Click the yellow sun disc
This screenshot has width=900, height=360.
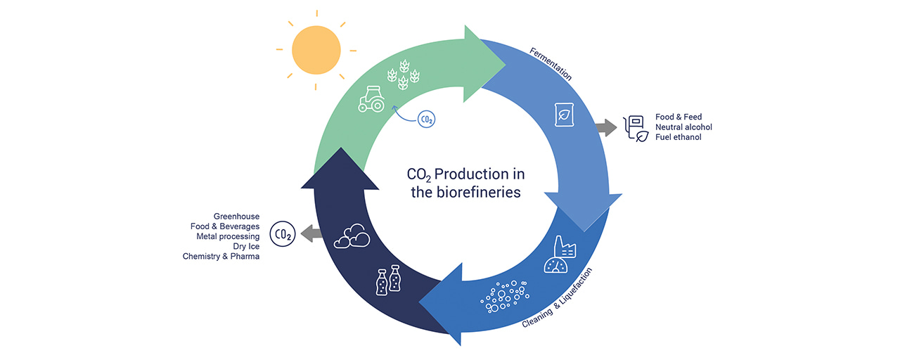point(316,50)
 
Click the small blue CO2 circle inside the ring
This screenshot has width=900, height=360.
point(426,120)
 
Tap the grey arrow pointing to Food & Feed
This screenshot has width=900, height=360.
point(604,127)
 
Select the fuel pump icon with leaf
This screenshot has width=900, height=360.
point(636,128)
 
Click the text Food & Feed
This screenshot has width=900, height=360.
point(679,117)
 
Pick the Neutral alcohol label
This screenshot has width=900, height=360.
point(683,127)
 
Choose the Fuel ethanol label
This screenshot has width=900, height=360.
point(678,137)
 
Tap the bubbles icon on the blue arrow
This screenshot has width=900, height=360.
point(503,296)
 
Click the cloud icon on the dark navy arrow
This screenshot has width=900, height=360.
point(352,237)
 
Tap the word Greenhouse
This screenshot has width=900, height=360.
point(236,216)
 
